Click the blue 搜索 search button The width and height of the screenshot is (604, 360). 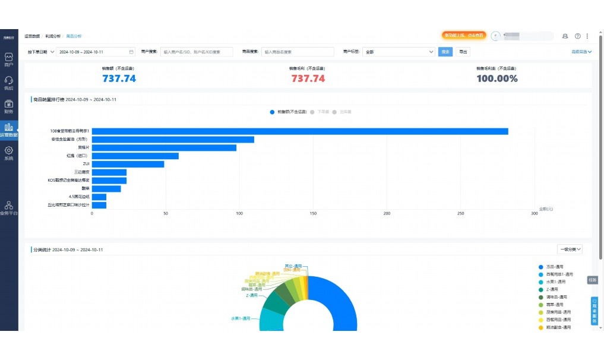[445, 52]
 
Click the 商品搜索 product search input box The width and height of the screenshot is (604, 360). [297, 52]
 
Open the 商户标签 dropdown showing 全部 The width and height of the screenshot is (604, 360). [399, 52]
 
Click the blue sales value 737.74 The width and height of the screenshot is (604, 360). [119, 78]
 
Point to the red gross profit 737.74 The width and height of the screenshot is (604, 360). [308, 78]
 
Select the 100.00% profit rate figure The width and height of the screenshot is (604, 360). [497, 78]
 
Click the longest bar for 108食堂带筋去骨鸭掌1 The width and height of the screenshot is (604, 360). [300, 131]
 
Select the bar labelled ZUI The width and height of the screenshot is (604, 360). [128, 164]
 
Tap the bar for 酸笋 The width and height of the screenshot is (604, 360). [106, 189]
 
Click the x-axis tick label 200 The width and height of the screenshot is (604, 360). [387, 213]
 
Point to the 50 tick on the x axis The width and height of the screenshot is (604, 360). [166, 213]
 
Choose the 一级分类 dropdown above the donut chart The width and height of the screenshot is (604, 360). [570, 250]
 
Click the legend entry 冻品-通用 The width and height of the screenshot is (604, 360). [555, 267]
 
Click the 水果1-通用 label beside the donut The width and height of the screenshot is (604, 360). [241, 318]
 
